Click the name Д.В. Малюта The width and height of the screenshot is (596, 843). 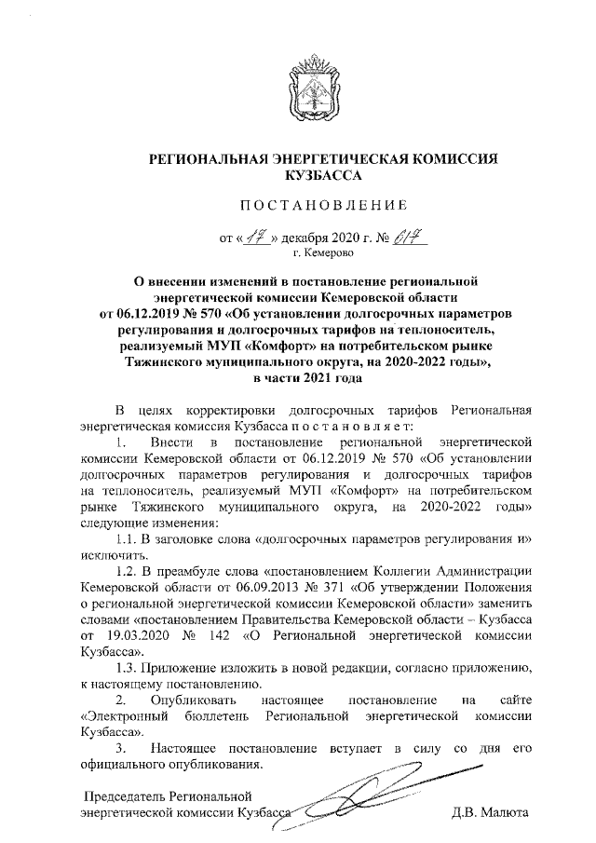pos(489,813)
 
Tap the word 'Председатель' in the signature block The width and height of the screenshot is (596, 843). pos(124,796)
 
